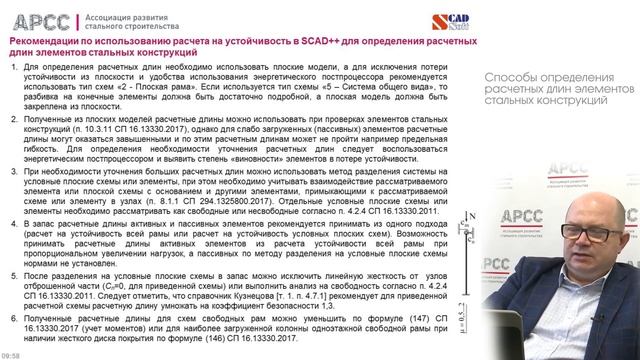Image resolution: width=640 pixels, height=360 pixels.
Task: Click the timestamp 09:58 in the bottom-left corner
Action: coord(13,353)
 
